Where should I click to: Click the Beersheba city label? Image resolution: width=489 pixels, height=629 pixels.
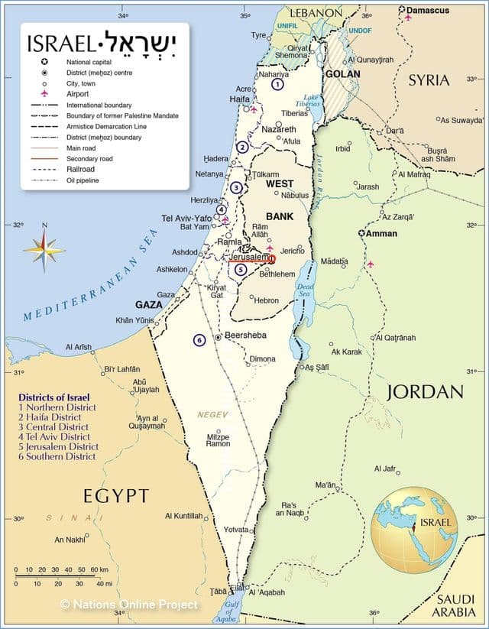pyautogui.click(x=246, y=336)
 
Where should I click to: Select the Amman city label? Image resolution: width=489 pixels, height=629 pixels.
pyautogui.click(x=381, y=233)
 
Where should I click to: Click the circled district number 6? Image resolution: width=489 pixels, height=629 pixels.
pyautogui.click(x=199, y=340)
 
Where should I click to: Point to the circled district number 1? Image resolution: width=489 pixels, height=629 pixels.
pyautogui.click(x=277, y=85)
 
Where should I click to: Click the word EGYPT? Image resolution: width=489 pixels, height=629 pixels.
pyautogui.click(x=116, y=495)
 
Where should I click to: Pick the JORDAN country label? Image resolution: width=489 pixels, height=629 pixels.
pyautogui.click(x=426, y=392)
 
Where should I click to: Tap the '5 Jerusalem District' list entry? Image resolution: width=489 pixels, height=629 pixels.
pyautogui.click(x=59, y=446)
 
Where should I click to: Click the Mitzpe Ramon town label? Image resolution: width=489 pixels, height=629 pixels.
pyautogui.click(x=218, y=440)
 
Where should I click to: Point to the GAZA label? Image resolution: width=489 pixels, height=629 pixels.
pyautogui.click(x=149, y=304)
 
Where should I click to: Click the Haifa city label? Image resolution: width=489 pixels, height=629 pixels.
pyautogui.click(x=241, y=99)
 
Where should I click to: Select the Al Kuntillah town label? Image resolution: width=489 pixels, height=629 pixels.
pyautogui.click(x=184, y=516)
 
